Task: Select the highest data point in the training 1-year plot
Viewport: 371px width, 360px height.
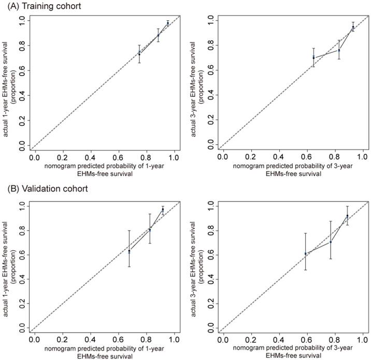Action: click(168, 23)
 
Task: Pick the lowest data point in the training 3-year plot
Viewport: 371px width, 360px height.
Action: click(313, 57)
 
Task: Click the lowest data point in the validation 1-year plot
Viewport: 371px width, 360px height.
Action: click(129, 251)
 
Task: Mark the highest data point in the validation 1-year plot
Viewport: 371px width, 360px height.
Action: click(163, 210)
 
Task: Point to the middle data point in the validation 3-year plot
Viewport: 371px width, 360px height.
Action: click(330, 242)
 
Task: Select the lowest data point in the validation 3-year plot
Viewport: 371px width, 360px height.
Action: click(306, 253)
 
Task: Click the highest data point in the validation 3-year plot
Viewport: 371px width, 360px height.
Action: click(347, 215)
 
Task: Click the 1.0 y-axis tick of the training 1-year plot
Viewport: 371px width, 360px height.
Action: click(22, 21)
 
